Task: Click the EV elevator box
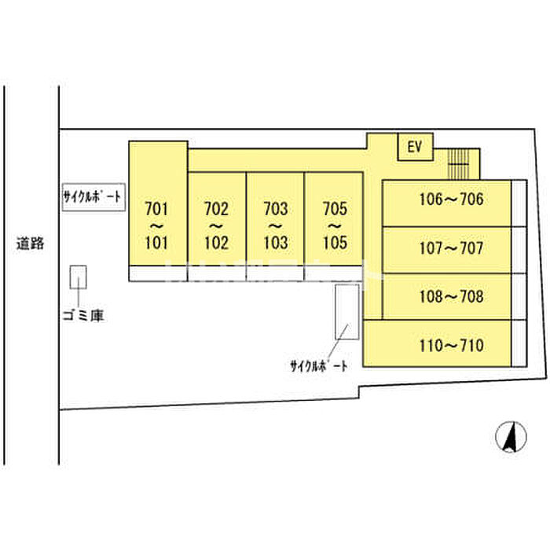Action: tap(416, 146)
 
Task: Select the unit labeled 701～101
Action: tap(158, 225)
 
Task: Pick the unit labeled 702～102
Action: tap(216, 225)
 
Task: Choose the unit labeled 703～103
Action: tap(275, 225)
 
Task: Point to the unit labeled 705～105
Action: tap(335, 225)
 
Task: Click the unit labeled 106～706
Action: tap(446, 202)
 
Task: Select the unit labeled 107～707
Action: tap(446, 250)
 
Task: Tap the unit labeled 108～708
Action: tap(446, 297)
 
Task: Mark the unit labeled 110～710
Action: tap(437, 344)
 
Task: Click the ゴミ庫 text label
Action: tap(83, 316)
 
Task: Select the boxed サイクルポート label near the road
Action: tap(93, 198)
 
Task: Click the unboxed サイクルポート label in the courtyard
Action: tap(318, 365)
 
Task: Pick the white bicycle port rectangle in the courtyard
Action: tap(346, 311)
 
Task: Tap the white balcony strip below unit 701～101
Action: tap(158, 273)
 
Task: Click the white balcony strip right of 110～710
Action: tap(519, 343)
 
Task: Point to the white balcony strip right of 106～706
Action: tap(519, 203)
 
